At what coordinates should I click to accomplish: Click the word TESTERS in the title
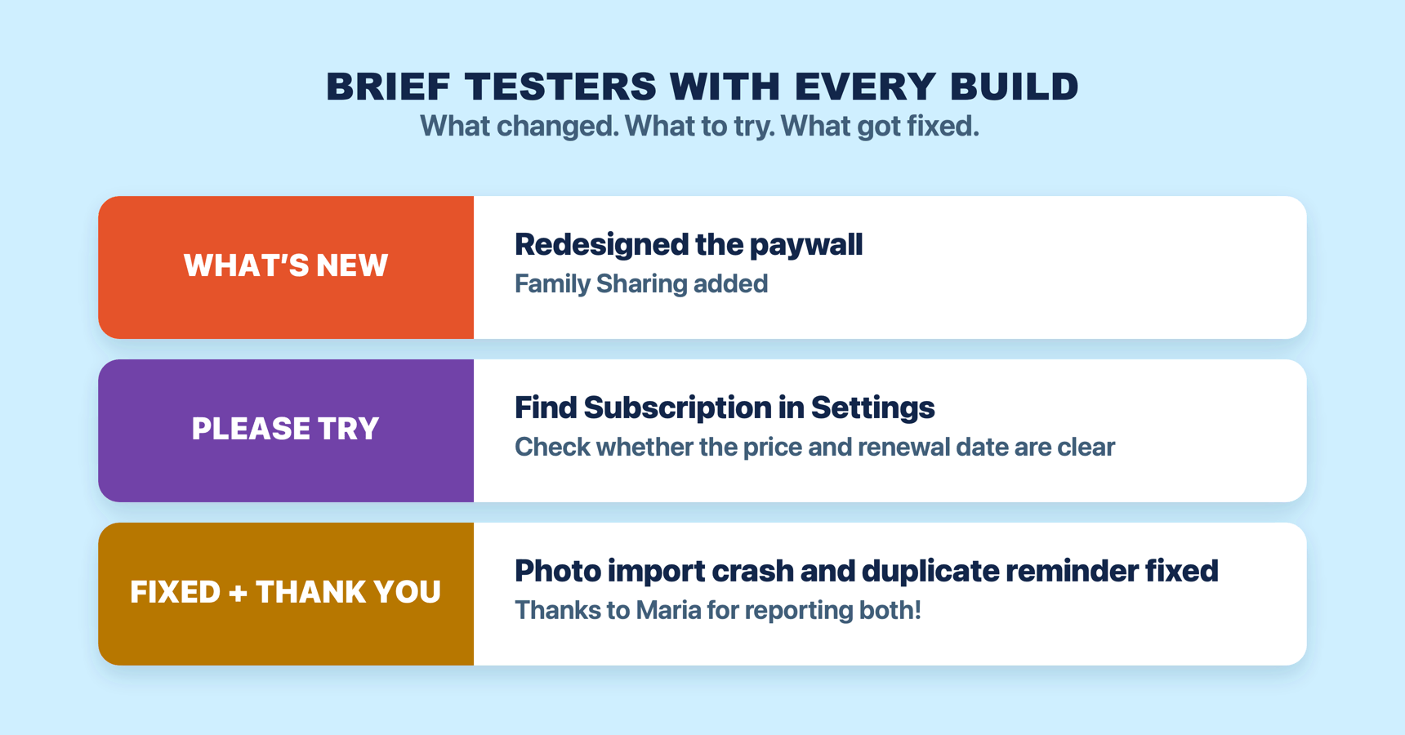click(560, 87)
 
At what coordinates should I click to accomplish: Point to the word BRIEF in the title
click(388, 87)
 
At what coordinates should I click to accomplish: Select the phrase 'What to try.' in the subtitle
click(700, 127)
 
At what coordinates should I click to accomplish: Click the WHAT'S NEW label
click(286, 265)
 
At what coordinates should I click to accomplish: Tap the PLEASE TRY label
click(286, 429)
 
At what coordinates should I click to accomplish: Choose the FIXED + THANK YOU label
click(286, 592)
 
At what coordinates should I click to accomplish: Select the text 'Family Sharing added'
click(641, 284)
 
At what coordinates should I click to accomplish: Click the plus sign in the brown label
click(238, 593)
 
